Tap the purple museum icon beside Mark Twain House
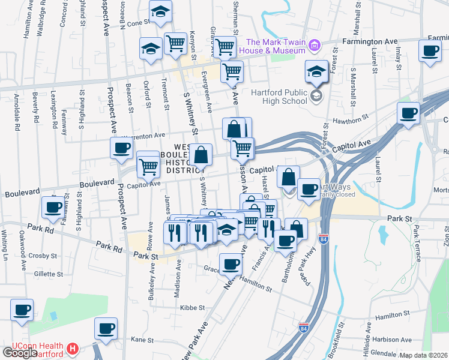[x=313, y=46]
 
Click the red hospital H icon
[x=73, y=348]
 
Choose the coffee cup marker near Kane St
[x=106, y=329]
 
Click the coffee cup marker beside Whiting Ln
[x=22, y=310]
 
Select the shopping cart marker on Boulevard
[x=148, y=167]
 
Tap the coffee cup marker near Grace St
[x=231, y=264]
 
